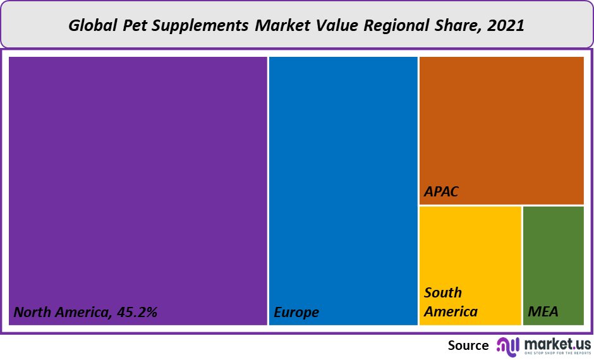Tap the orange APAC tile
click(x=501, y=126)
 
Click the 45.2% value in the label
click(x=136, y=312)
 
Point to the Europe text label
click(x=296, y=312)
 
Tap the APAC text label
click(x=441, y=191)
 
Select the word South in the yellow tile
click(x=443, y=293)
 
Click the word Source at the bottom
click(x=468, y=345)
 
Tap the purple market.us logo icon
click(x=507, y=345)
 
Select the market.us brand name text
click(x=557, y=343)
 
